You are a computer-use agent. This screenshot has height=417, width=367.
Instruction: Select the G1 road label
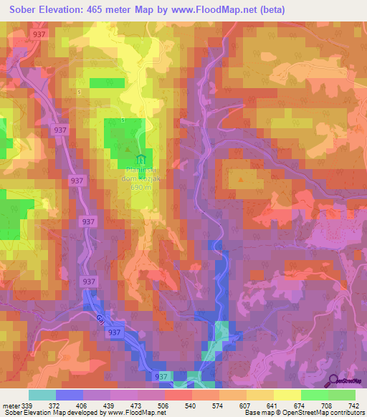tap(100, 320)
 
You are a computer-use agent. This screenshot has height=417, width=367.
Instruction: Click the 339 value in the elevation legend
tap(26, 405)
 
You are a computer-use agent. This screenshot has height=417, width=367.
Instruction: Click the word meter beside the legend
tap(9, 405)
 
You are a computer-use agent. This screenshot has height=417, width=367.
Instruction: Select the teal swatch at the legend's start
tap(42, 395)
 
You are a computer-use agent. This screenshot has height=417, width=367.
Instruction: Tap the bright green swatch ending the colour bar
tap(341, 395)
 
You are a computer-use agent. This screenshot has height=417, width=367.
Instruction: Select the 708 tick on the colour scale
tap(328, 405)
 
